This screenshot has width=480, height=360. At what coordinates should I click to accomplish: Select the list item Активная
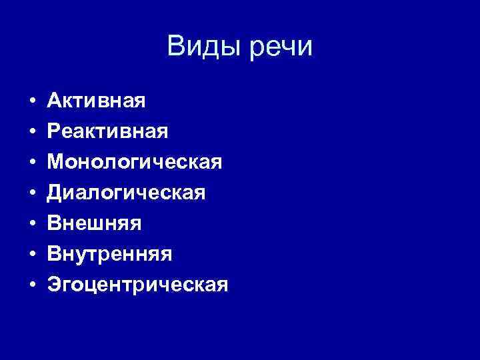coord(97,101)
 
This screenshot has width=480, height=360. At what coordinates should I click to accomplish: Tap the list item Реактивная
coord(107,132)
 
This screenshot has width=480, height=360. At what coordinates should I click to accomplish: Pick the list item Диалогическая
coord(127,193)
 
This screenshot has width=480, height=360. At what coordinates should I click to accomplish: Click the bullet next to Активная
coord(32,102)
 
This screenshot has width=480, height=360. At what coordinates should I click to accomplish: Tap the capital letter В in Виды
coord(177,47)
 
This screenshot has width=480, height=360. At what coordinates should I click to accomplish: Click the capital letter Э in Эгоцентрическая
coord(53,285)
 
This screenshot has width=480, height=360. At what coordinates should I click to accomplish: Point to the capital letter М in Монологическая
coord(55,162)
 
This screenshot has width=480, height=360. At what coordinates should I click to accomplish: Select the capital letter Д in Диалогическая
coord(55,193)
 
